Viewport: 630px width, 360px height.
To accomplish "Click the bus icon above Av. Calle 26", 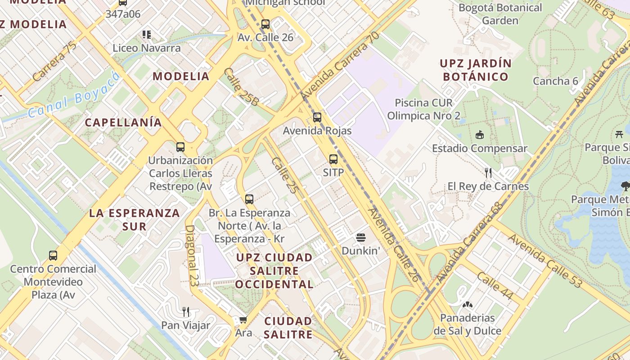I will click(x=265, y=24).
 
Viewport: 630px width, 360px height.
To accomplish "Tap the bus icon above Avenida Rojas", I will click(x=317, y=117).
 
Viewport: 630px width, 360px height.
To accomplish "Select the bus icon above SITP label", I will click(x=333, y=159).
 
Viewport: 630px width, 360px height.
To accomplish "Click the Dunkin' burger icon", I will click(x=361, y=237).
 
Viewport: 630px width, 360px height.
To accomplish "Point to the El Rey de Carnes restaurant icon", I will click(x=488, y=172).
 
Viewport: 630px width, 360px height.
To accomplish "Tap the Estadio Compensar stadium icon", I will click(x=479, y=135).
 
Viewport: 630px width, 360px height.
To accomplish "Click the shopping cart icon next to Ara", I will click(x=243, y=320).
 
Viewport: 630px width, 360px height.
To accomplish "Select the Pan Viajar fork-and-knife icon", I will click(x=185, y=311).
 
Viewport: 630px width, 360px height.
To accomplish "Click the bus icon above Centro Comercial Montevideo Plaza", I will click(x=53, y=256).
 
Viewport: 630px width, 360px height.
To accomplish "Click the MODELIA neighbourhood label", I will click(x=181, y=76).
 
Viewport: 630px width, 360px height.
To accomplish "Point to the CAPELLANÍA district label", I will click(x=123, y=122).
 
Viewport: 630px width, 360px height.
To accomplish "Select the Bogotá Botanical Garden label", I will click(x=500, y=14).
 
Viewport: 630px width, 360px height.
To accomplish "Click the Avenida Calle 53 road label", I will click(x=545, y=261).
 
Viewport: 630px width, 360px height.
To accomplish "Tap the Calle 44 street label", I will click(x=495, y=286).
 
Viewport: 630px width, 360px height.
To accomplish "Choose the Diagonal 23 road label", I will click(x=191, y=255).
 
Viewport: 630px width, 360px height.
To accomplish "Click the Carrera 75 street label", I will click(x=54, y=62).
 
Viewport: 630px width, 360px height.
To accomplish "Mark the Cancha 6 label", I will click(x=555, y=81).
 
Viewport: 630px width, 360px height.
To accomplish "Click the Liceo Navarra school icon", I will click(x=146, y=34).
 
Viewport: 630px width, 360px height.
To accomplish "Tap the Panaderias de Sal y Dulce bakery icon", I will click(x=468, y=305).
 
